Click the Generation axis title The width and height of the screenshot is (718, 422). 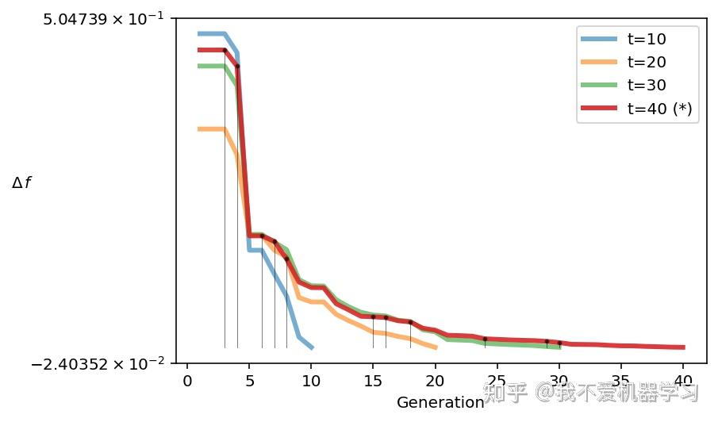click(440, 402)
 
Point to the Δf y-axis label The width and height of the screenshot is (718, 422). click(21, 183)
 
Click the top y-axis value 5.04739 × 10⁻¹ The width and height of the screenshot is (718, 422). click(98, 19)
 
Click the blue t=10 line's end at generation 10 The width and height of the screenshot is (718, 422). click(312, 347)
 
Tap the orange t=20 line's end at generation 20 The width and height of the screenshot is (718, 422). click(436, 347)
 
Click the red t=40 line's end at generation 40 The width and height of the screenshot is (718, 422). click(683, 347)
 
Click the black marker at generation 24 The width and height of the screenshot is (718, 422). click(485, 339)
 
